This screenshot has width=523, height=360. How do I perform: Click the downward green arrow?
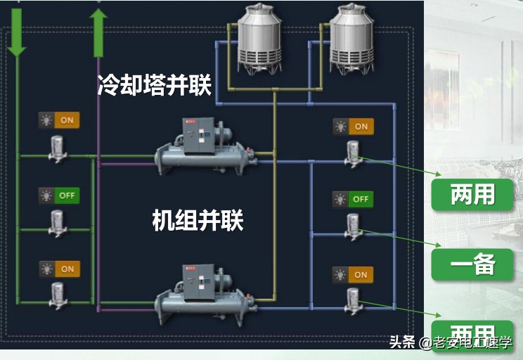tap(16, 32)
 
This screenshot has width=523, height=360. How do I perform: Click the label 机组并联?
tap(198, 221)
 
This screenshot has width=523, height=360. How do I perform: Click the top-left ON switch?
tap(59, 120)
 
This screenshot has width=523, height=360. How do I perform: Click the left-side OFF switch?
tap(59, 195)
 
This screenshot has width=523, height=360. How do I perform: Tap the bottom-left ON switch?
tap(59, 269)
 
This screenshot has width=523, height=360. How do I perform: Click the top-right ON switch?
tap(353, 127)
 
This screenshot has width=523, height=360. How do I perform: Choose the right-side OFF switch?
tap(353, 199)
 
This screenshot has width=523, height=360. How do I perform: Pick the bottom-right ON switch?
tap(353, 274)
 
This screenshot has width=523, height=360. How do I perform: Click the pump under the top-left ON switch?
tap(58, 148)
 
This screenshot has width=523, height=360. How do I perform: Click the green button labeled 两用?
tap(473, 195)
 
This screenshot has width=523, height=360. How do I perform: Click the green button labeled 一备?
tap(473, 265)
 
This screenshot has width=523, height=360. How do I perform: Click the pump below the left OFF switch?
tap(58, 222)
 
